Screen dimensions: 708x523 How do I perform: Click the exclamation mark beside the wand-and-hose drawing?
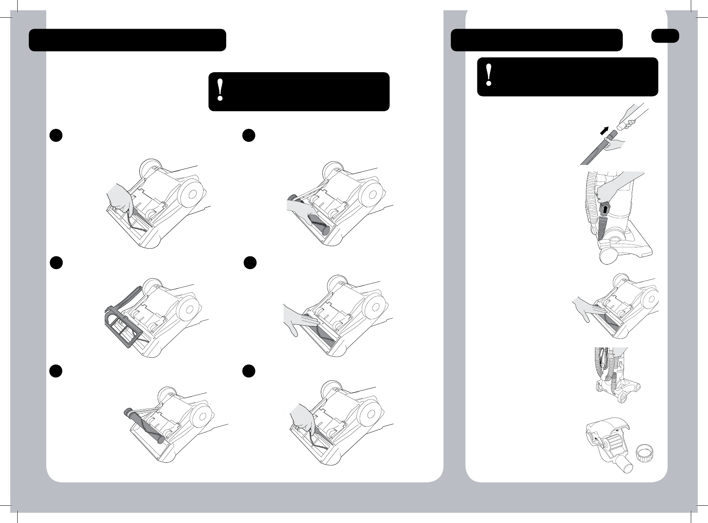click(x=488, y=76)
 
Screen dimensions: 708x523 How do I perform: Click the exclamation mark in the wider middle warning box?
click(x=220, y=91)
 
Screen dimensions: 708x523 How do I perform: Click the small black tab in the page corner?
click(x=665, y=36)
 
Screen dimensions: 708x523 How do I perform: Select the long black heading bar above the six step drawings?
click(x=127, y=40)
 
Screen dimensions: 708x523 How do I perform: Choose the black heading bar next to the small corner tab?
click(x=536, y=40)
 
